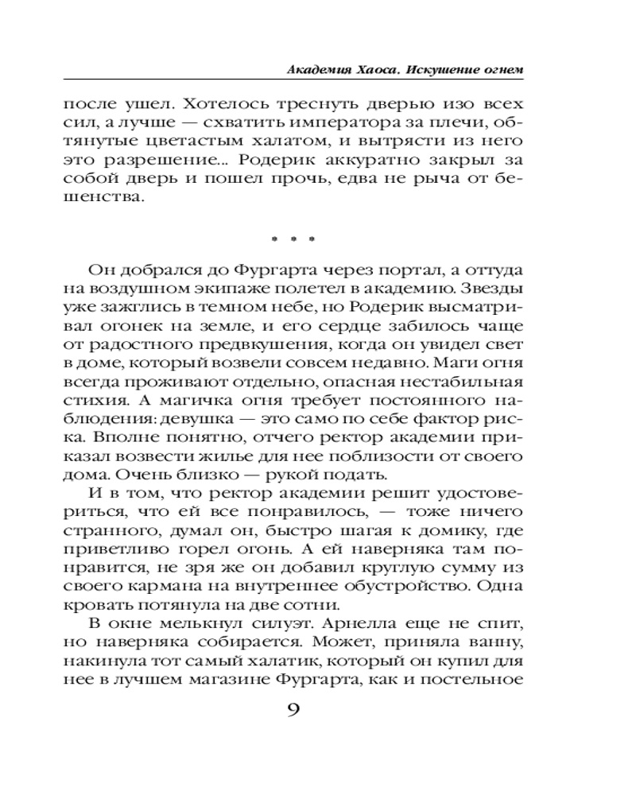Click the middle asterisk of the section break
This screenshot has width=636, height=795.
click(293, 238)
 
